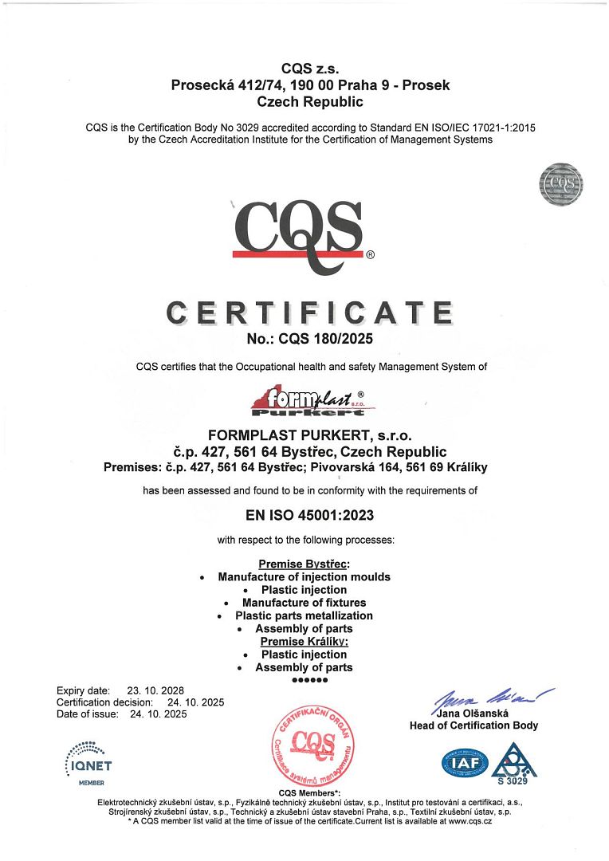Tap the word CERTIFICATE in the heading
pos(309,313)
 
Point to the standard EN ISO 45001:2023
pos(310,516)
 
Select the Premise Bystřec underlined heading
pos(304,564)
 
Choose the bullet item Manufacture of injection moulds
pos(304,576)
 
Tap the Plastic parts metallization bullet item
pos(304,615)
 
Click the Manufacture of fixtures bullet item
pos(304,603)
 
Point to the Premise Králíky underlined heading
pos(304,641)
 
